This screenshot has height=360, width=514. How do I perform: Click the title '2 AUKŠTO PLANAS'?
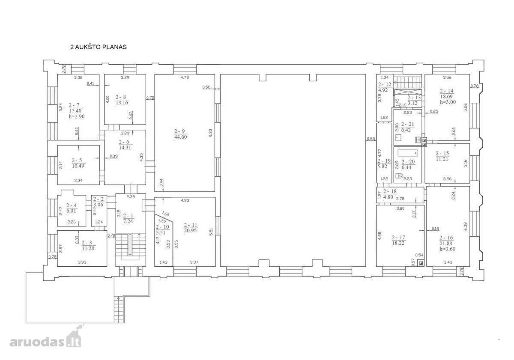[99, 47]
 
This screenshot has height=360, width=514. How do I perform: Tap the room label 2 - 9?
[179, 131]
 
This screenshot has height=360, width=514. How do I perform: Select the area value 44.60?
[181, 137]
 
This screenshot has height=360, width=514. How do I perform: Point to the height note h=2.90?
[77, 116]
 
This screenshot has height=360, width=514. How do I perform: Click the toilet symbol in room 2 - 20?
[399, 176]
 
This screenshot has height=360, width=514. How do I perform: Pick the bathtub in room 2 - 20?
[408, 153]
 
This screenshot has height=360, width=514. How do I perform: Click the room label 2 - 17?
[398, 238]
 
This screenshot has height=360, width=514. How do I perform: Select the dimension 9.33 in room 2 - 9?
[211, 133]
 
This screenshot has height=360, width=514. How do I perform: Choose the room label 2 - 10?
[162, 227]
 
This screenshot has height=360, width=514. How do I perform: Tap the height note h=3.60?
[448, 249]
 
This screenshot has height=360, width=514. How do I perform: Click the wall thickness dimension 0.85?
[371, 139]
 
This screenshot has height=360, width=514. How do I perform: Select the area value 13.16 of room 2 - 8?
[122, 102]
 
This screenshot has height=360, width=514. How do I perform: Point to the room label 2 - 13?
[414, 98]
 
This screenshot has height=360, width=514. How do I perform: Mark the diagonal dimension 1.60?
[165, 214]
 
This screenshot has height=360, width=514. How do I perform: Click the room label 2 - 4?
[72, 205]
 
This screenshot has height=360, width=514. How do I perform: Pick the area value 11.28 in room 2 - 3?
[88, 248]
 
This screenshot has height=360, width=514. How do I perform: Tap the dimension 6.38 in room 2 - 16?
[465, 226]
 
